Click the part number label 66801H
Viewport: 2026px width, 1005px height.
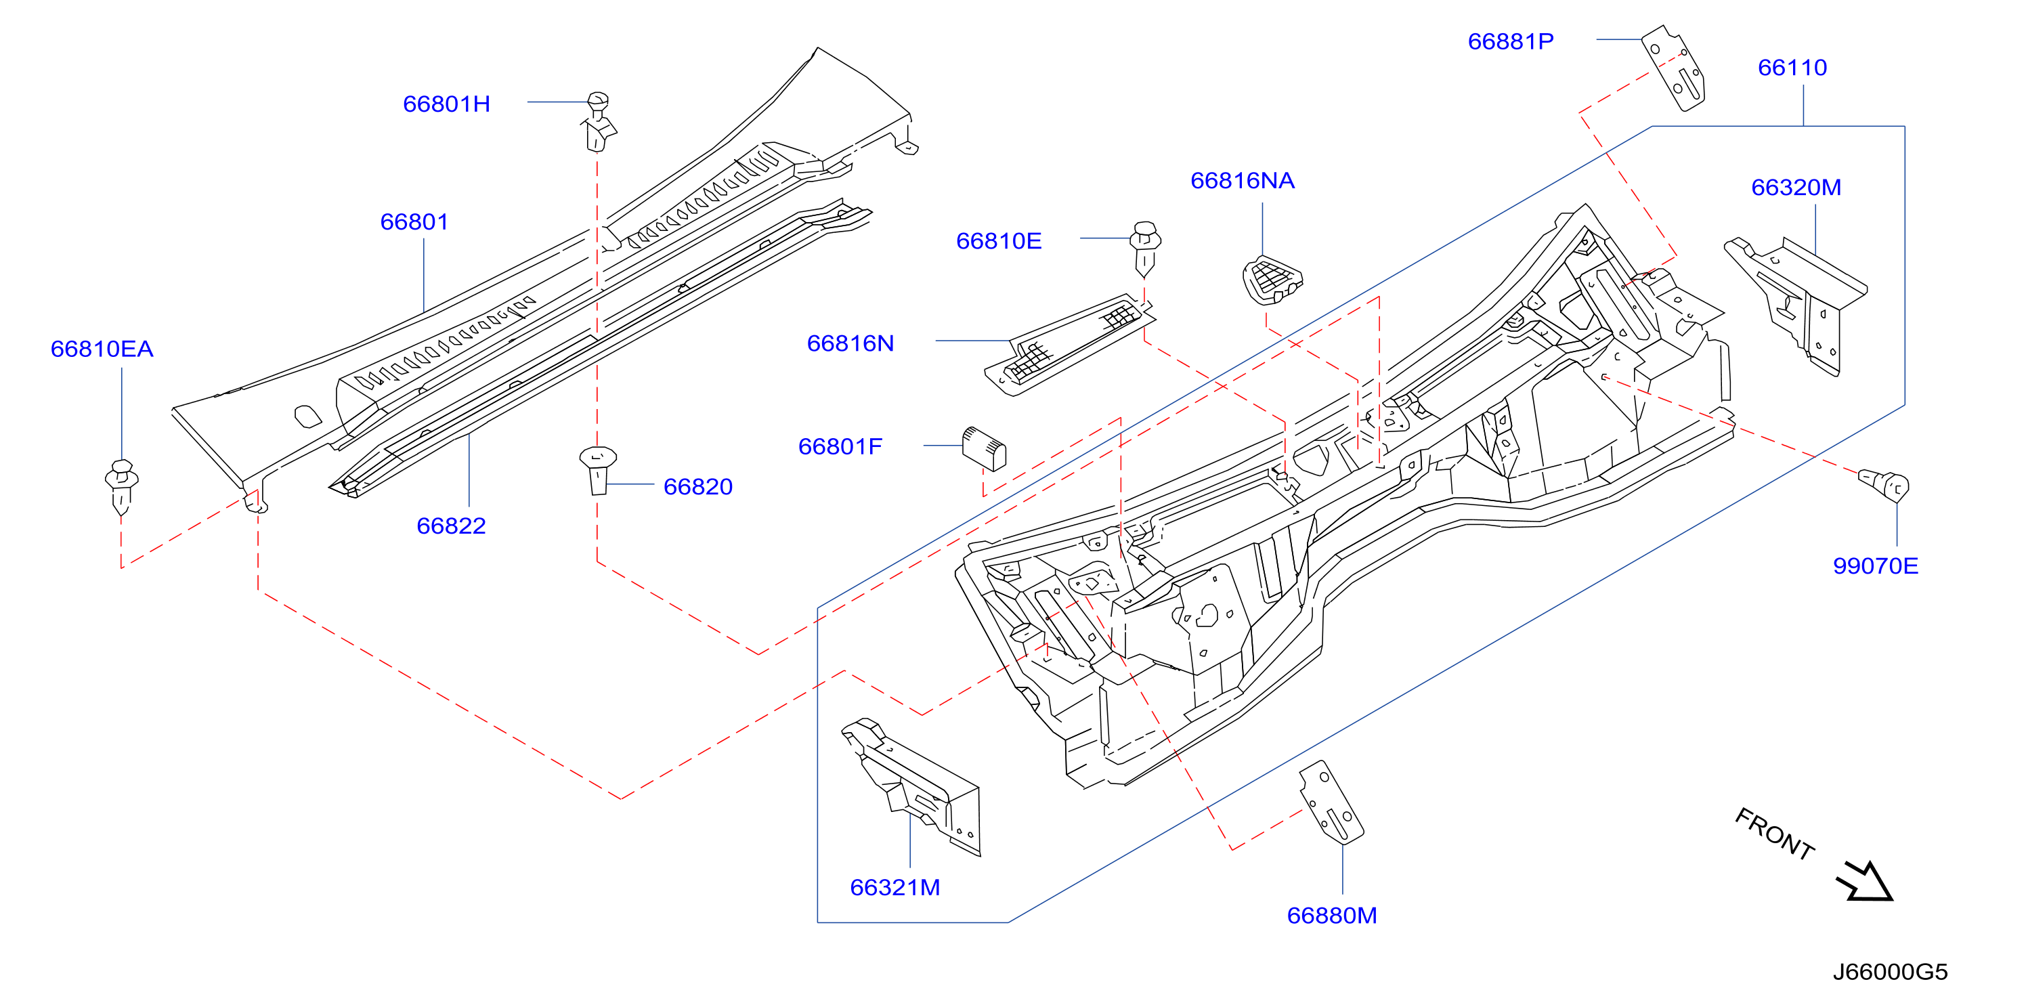coord(446,104)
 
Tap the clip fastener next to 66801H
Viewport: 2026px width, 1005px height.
coord(599,122)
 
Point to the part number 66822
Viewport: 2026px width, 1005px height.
coord(451,526)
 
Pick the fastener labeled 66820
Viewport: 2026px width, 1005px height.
coord(598,470)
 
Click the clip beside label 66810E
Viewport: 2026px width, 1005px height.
coord(1145,249)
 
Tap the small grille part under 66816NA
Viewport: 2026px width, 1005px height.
coord(1272,279)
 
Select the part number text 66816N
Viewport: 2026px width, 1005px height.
coord(850,343)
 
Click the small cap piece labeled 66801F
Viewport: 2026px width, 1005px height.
coord(984,448)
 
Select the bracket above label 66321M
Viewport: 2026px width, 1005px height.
coord(912,786)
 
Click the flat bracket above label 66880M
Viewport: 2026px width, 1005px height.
coord(1331,802)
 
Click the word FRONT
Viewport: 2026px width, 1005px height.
coord(1774,834)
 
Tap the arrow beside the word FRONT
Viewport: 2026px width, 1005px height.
coord(1865,881)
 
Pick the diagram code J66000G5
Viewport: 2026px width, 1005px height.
coord(1890,972)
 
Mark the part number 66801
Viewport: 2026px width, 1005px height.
coord(414,221)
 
